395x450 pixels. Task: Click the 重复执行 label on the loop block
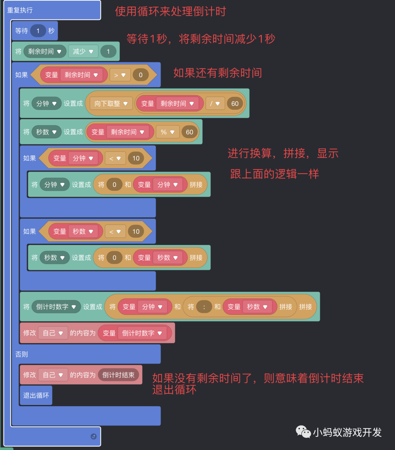click(20, 10)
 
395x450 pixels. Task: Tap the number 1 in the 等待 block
click(38, 31)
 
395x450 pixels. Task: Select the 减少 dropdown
click(83, 52)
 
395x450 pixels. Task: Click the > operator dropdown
click(120, 75)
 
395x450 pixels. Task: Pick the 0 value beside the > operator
click(140, 75)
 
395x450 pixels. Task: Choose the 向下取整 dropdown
click(111, 104)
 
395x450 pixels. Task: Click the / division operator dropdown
click(215, 104)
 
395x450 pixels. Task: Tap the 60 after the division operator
click(235, 104)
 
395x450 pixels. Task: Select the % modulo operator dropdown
click(168, 132)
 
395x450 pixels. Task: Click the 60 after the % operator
click(189, 132)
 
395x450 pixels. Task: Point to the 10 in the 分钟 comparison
click(136, 158)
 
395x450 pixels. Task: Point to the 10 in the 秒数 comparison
click(136, 231)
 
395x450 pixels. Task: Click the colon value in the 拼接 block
click(204, 307)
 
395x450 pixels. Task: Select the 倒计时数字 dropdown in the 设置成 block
click(56, 307)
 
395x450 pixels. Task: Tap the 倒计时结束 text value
click(118, 375)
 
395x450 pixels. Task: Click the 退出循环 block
click(36, 396)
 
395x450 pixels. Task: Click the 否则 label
click(22, 354)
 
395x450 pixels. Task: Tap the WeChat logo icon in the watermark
click(303, 432)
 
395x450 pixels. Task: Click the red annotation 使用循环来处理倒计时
click(170, 12)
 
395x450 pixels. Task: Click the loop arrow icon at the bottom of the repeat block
click(93, 436)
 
